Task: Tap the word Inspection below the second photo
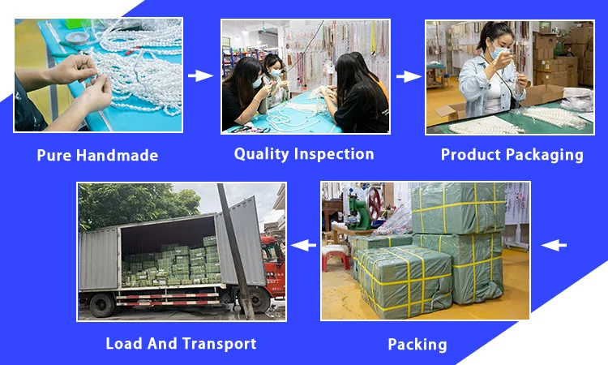333,153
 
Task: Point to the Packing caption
417,344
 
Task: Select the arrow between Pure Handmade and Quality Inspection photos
199,76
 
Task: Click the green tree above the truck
130,203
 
